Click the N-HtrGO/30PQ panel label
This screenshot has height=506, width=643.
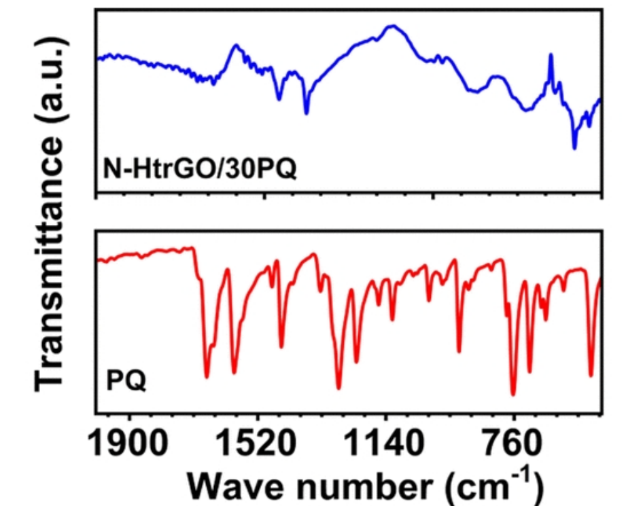point(200,166)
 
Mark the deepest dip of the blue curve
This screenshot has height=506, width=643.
point(574,147)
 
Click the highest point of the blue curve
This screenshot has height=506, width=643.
point(392,26)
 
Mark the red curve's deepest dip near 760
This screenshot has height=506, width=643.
point(513,394)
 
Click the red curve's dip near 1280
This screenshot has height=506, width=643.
point(338,388)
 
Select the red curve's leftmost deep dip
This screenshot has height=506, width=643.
point(207,376)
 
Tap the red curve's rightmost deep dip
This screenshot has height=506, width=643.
point(591,376)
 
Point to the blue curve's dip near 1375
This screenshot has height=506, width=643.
point(306,113)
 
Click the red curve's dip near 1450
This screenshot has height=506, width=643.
point(281,347)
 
